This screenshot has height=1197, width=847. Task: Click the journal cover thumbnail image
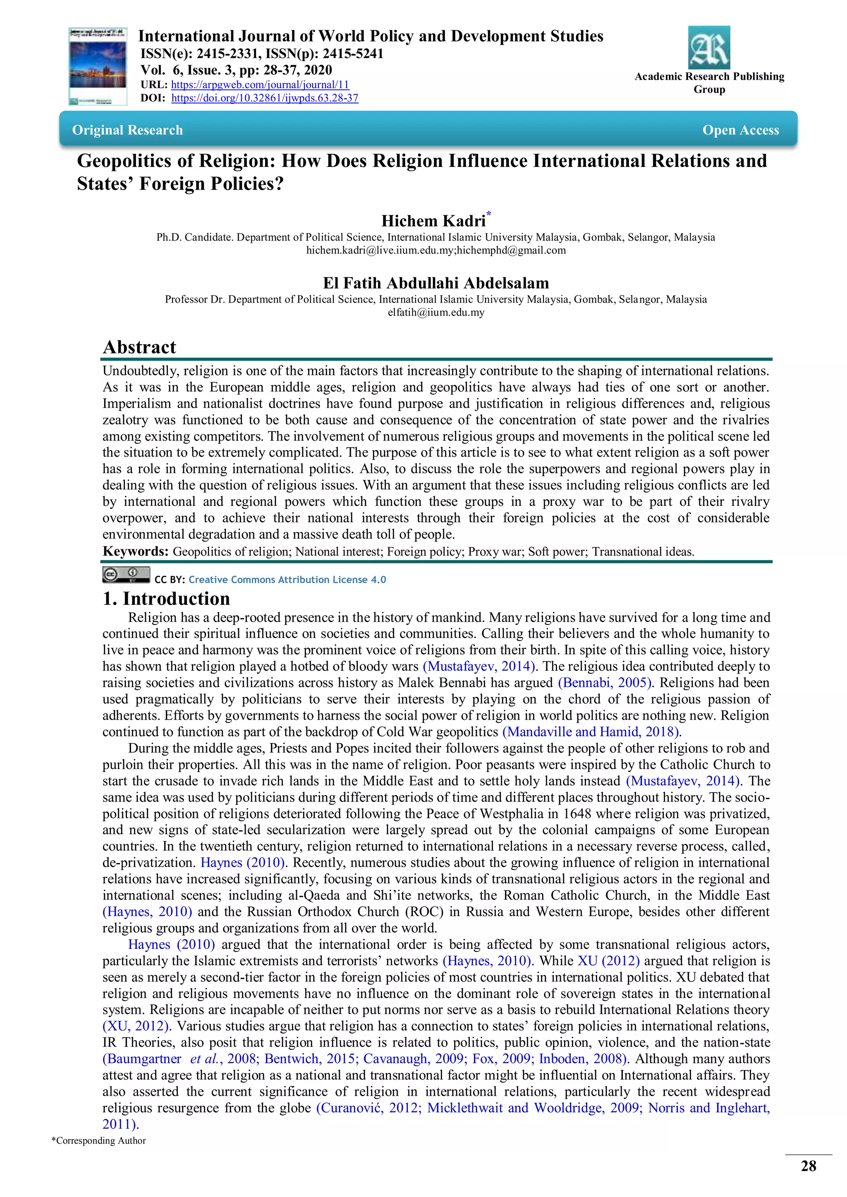(98, 66)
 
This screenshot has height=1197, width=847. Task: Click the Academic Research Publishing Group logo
(709, 48)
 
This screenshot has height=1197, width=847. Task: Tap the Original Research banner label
(127, 130)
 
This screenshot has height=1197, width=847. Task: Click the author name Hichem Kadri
(433, 221)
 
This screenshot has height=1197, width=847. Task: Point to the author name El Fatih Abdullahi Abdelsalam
(435, 283)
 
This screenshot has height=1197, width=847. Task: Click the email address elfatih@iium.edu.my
(435, 312)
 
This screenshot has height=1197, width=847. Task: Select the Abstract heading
(139, 347)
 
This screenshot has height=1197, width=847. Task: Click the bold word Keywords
(135, 551)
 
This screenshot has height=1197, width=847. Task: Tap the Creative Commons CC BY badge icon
(126, 575)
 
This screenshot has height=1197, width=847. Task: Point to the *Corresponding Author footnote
(98, 1141)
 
